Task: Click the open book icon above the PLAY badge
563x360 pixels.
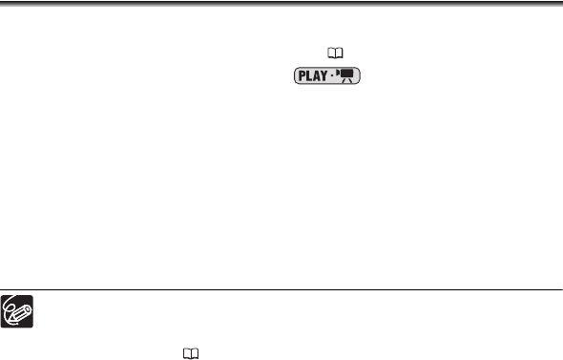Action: [x=335, y=53]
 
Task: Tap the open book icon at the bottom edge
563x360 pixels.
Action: [x=191, y=353]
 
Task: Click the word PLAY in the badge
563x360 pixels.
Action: [x=313, y=75]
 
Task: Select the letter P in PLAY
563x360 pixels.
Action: [x=302, y=75]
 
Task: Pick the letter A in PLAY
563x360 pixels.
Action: [x=316, y=75]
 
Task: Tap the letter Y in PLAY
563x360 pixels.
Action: [x=323, y=75]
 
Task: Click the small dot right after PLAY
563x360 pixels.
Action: [x=332, y=75]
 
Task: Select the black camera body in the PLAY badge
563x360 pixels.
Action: [x=346, y=74]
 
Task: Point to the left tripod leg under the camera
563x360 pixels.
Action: [x=344, y=80]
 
